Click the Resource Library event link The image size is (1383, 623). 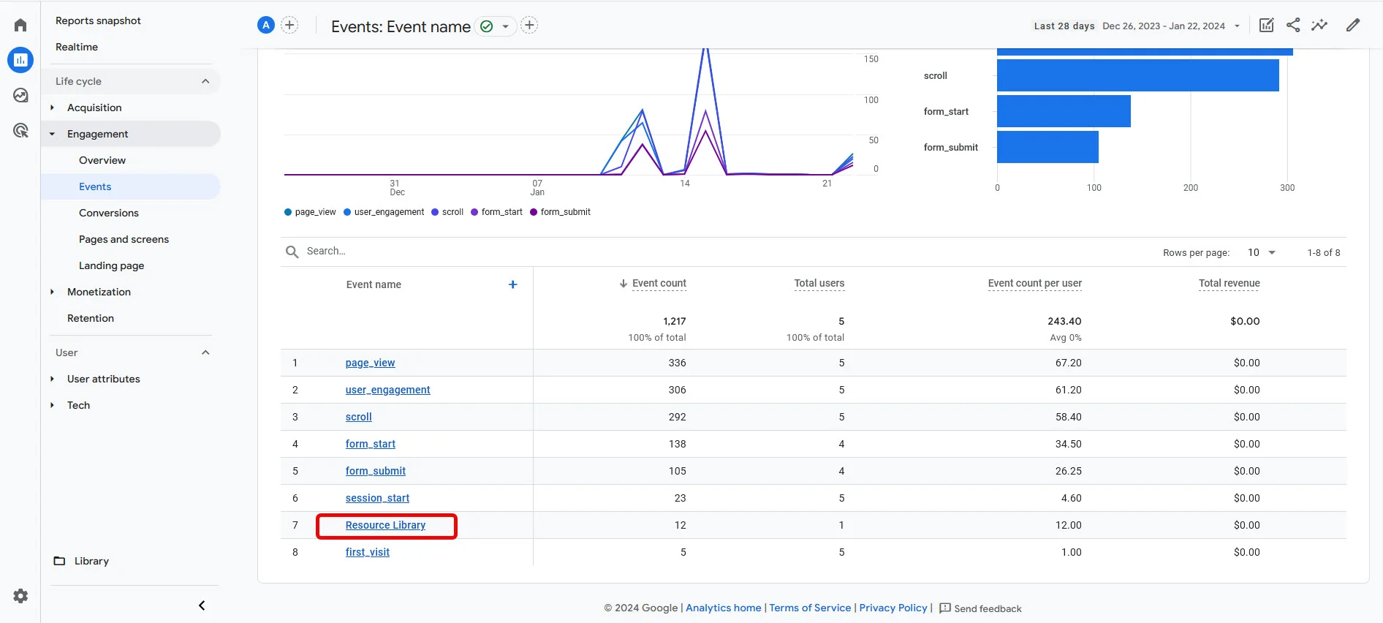tap(385, 525)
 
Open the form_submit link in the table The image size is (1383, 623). tap(375, 471)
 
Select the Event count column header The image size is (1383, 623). tap(659, 284)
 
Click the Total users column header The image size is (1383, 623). tap(819, 284)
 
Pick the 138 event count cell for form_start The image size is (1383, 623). tap(677, 444)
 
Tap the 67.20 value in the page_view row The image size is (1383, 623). tap(1068, 363)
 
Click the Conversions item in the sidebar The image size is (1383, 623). tap(109, 213)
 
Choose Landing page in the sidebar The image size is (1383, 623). tap(111, 265)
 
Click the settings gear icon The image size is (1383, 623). tap(20, 596)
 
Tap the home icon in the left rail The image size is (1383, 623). tap(20, 26)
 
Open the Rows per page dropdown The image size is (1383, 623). tap(1261, 252)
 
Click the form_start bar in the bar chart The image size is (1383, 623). tap(1064, 111)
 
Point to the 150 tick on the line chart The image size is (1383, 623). tap(871, 59)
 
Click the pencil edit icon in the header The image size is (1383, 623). tap(1353, 26)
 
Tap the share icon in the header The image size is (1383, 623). tap(1293, 26)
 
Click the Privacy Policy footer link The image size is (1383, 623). tap(893, 608)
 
